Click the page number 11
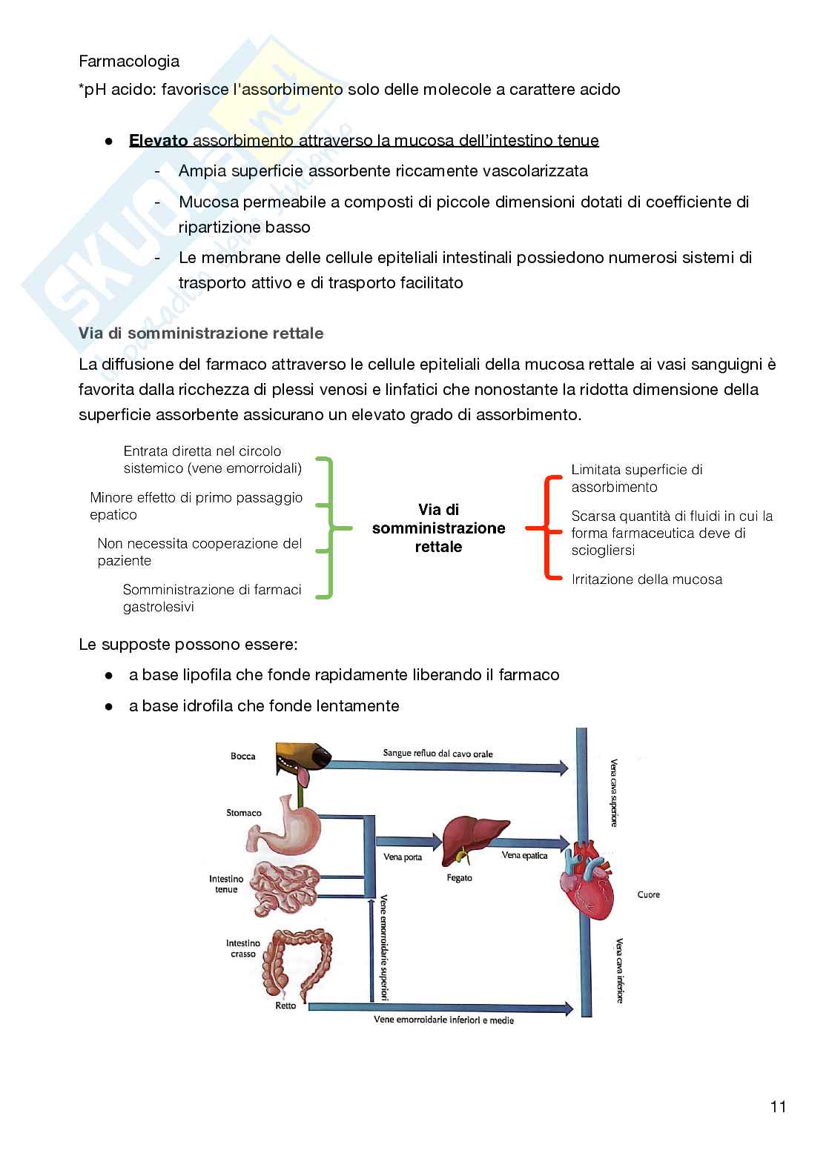(778, 1106)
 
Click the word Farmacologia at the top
(129, 61)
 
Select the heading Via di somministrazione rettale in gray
(201, 333)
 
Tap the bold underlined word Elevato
(158, 140)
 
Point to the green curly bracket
(327, 528)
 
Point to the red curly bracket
(549, 528)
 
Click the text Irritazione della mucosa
(647, 579)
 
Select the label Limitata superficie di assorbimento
(636, 478)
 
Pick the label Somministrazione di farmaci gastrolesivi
(211, 598)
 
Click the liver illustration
(474, 839)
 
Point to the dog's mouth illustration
(303, 759)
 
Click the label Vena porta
(403, 857)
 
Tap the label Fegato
(460, 878)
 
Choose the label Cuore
(648, 895)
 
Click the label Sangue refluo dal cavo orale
(437, 754)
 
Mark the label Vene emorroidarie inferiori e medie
(443, 1020)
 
